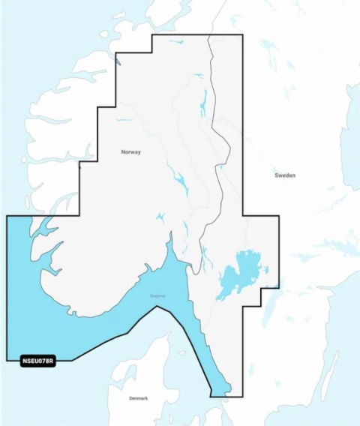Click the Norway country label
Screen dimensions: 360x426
131,152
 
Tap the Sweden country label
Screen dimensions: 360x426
285,175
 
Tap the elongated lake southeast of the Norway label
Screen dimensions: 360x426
179,181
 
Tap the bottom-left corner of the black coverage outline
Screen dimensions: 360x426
7,360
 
